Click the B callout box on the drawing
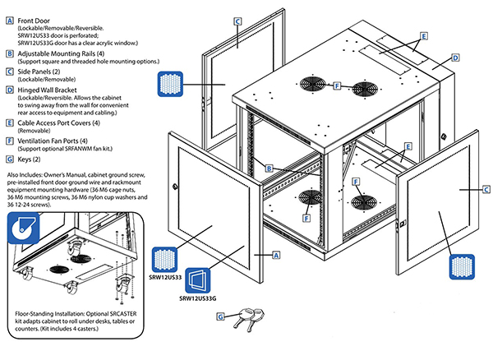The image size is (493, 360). pyautogui.click(x=268, y=168)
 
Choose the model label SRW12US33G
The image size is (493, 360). pyautogui.click(x=200, y=299)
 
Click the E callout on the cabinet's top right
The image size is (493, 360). pyautogui.click(x=423, y=36)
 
